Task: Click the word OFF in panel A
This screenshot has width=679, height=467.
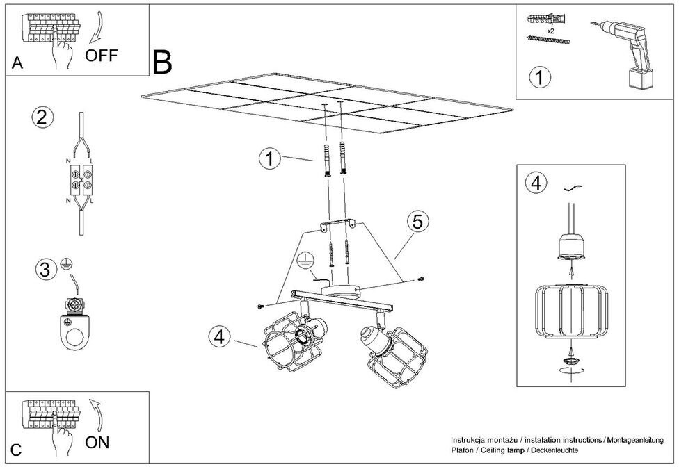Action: [102, 56]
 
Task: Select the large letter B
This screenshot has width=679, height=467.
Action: [161, 63]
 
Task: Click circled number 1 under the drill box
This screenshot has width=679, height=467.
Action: [538, 77]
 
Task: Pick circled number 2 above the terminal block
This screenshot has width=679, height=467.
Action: [42, 117]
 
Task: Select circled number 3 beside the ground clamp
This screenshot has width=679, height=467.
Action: [45, 269]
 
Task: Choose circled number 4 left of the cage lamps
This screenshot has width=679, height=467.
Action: [218, 336]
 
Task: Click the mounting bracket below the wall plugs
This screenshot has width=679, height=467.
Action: [337, 224]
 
